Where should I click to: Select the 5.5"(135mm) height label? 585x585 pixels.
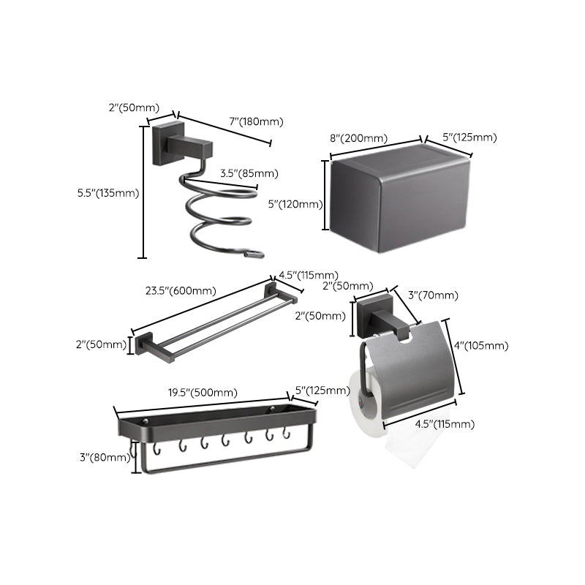coord(107,193)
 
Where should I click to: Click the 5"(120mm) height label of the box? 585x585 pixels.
coord(295,205)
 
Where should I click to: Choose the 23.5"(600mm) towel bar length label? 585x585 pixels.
coord(181,290)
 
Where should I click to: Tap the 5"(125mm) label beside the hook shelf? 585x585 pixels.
coord(322,390)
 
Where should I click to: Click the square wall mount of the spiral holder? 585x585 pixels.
coord(161,143)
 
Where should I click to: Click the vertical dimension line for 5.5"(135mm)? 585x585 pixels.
coord(143,192)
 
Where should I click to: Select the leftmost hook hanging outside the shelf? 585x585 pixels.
coord(132,453)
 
